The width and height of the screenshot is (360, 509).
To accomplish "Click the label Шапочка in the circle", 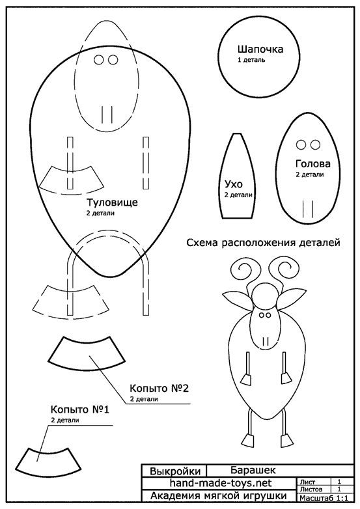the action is pos(260,49).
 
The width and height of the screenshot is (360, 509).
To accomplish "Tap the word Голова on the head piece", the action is pos(313,163).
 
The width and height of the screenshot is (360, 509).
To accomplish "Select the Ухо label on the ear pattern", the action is pos(234,184).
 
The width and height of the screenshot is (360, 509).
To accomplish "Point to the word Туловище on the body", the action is pos(112,202).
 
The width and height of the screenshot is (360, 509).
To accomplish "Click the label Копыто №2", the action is pos(159,388).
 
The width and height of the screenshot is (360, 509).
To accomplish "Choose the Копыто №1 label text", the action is pos(80,409).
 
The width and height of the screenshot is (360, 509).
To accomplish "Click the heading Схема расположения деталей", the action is pos(263,243).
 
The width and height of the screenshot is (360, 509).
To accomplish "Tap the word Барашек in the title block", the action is pos(253,470).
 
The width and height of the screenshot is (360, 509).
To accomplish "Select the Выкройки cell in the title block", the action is pos(175,471).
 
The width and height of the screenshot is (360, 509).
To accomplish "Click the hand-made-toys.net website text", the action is pos(221,483).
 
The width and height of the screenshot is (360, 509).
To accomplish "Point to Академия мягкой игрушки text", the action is pos(219,496).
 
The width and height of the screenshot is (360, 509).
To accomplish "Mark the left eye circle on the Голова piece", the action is pos(301,144).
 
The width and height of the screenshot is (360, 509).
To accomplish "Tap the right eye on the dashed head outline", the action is pos(113,60).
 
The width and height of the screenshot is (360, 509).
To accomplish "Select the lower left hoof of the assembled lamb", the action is pos(249,440).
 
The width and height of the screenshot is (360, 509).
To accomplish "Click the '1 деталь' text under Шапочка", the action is pos(251,60).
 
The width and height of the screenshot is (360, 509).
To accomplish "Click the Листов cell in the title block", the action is pos(311,489).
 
